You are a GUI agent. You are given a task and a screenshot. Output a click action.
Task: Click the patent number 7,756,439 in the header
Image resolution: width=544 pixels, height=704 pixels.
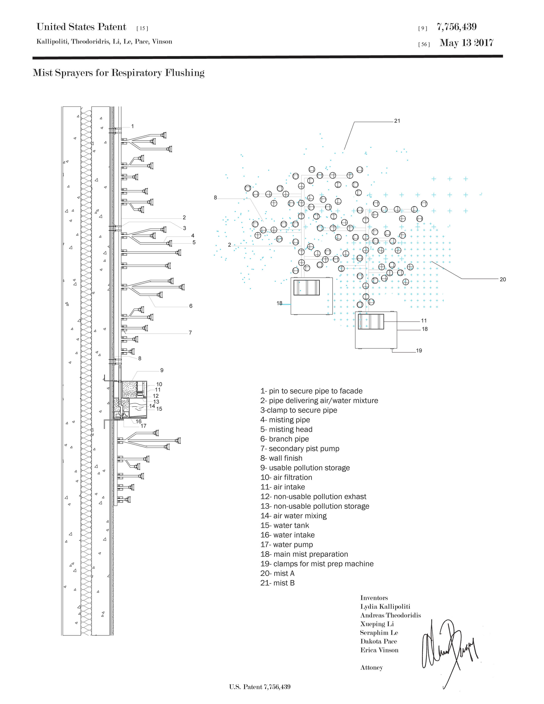point(457,27)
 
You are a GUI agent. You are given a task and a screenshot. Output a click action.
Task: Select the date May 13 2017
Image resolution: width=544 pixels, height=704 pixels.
point(466,43)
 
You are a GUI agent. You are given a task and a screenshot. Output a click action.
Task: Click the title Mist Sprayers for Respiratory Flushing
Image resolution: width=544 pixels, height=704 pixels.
point(119,73)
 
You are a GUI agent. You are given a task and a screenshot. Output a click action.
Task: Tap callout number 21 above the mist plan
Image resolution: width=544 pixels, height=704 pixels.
point(397,121)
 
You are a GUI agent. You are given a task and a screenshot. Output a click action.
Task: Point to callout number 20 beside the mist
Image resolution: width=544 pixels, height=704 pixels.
point(503,279)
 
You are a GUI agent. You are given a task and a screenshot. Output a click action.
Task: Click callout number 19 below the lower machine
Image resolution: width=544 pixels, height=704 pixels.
point(419,350)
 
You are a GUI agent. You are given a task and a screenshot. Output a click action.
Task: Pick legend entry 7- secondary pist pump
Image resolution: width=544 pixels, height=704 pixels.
point(300,449)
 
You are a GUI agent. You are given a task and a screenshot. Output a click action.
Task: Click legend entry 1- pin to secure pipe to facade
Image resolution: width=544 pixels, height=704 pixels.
point(311,391)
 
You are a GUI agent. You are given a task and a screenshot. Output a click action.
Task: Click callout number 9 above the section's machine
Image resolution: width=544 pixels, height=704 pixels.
point(162,370)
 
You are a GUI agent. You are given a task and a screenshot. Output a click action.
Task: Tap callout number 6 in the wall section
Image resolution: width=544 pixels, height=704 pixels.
point(191,306)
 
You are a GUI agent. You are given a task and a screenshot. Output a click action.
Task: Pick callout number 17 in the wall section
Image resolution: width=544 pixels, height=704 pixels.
point(143,426)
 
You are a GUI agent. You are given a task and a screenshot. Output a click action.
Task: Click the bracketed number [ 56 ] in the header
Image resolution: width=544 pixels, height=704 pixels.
point(424,44)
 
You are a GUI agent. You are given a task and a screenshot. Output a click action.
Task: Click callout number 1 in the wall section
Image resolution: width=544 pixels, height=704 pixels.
point(132,126)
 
